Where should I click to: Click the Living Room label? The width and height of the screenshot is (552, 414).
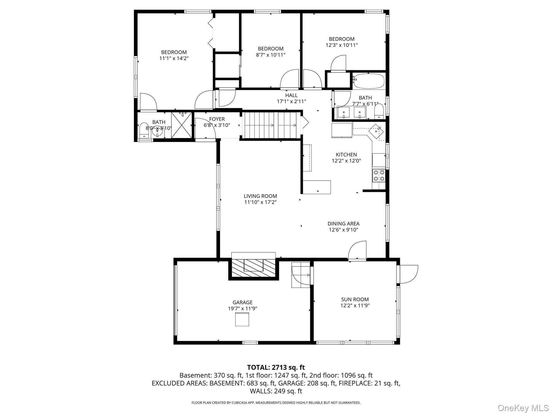point(260,196)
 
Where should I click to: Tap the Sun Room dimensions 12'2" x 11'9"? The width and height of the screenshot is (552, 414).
point(355,305)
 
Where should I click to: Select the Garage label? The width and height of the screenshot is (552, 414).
point(243,302)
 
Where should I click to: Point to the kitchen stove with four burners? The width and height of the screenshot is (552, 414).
point(378,175)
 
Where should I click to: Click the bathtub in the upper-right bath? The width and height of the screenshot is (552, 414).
point(369,81)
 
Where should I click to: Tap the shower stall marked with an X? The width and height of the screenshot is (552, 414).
point(182,125)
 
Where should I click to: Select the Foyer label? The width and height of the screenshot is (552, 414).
point(217,119)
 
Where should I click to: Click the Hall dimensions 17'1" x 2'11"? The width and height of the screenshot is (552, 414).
point(291,101)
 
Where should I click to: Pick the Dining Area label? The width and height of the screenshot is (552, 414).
point(343,223)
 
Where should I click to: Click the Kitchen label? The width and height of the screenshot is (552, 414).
point(346,154)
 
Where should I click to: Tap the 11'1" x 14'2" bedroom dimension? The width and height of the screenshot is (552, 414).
point(174,58)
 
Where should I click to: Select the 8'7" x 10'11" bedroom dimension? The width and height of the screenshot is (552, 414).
point(271,55)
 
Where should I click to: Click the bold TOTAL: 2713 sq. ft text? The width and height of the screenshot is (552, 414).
point(276,367)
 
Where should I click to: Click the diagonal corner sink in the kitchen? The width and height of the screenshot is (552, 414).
point(376,131)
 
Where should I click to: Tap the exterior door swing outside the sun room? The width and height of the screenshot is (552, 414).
point(409,274)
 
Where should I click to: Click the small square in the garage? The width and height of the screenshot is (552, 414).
point(242,319)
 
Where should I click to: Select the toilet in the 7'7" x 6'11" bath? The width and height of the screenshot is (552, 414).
point(379,112)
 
